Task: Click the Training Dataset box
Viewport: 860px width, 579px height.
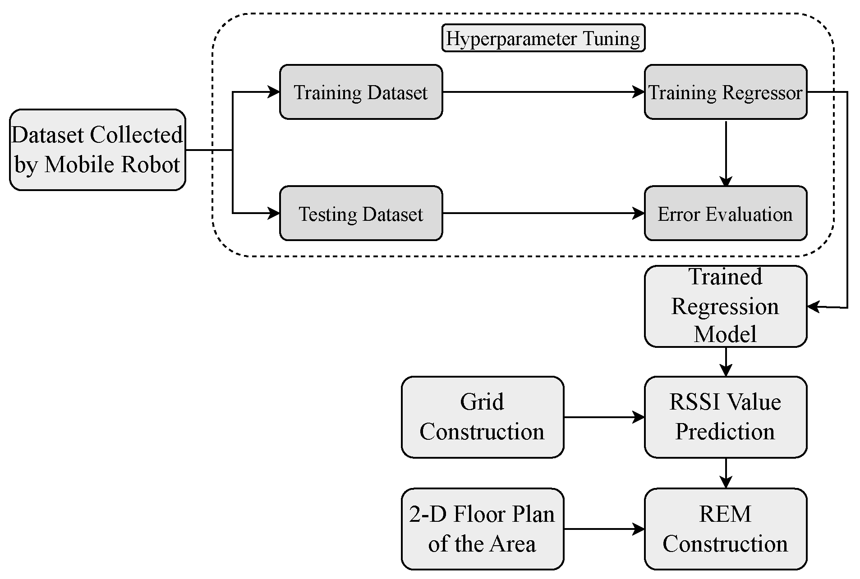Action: (x=361, y=92)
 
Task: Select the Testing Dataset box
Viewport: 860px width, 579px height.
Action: (x=361, y=213)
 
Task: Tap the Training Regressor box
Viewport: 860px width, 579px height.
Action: (x=725, y=92)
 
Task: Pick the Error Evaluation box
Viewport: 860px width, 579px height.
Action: (x=725, y=213)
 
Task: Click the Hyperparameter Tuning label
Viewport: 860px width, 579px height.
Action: (x=543, y=38)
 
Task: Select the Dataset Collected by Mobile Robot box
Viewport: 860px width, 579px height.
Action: (x=97, y=150)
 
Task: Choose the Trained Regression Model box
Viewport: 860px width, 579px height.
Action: (x=725, y=306)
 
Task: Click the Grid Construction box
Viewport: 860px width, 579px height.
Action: (x=482, y=417)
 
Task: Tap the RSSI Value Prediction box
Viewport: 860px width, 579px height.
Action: (x=725, y=417)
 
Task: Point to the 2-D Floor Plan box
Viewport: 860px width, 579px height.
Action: (x=482, y=529)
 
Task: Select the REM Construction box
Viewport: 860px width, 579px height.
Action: (x=725, y=529)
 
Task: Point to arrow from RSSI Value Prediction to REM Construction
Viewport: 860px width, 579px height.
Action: (x=726, y=473)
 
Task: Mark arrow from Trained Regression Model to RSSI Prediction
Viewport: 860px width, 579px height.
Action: (x=726, y=361)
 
